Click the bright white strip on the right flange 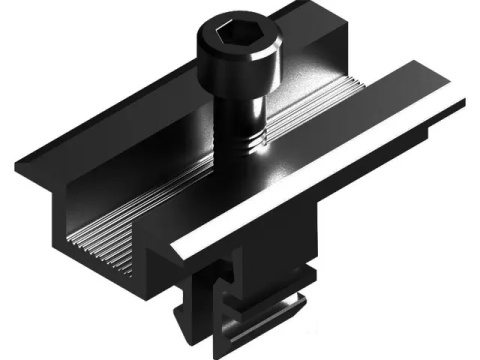(330, 170)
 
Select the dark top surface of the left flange (110, 130)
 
